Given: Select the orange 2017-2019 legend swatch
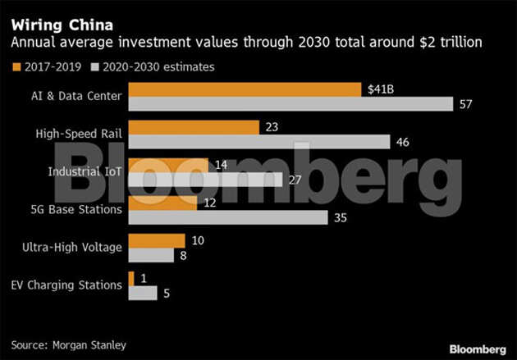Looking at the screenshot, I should point(16,66).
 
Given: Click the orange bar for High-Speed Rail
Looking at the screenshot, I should point(194,127).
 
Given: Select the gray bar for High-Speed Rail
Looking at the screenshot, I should point(259,142).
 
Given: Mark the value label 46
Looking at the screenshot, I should point(403,143).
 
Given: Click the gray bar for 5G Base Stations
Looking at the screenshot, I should point(229,217).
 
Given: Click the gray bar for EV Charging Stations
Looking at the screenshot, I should point(143,293).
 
